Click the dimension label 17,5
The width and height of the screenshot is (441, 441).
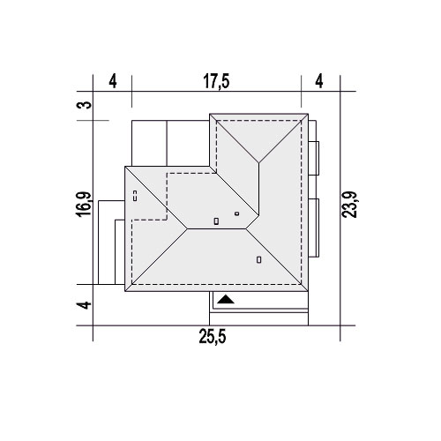[216, 81]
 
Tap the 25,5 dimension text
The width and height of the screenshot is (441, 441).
[213, 337]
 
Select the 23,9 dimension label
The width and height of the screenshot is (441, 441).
[349, 205]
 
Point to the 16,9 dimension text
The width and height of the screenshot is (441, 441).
[83, 205]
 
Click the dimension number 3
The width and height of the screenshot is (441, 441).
[83, 105]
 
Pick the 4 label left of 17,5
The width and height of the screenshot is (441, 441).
[113, 81]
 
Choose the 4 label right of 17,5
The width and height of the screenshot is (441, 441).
[319, 81]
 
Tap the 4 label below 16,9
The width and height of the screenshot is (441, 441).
[84, 305]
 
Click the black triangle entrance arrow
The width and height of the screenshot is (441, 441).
[226, 299]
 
